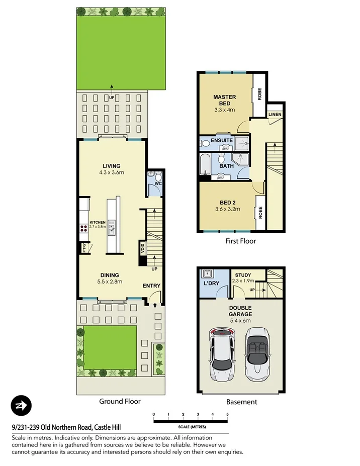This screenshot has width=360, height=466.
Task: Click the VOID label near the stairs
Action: point(142,247)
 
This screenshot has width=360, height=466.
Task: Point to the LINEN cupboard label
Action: point(275,115)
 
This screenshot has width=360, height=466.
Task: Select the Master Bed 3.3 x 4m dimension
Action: point(224,110)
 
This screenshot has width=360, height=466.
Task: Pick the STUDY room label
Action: point(243,275)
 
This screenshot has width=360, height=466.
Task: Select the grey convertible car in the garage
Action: point(258,354)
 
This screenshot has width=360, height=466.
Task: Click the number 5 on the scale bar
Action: point(228,414)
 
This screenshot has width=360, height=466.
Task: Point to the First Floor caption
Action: point(240,241)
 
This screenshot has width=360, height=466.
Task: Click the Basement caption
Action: point(241,402)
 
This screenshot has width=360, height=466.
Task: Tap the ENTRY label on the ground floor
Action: point(151,286)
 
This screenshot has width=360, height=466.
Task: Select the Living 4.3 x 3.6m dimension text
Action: point(112,172)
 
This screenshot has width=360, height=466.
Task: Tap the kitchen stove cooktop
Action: point(82,227)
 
